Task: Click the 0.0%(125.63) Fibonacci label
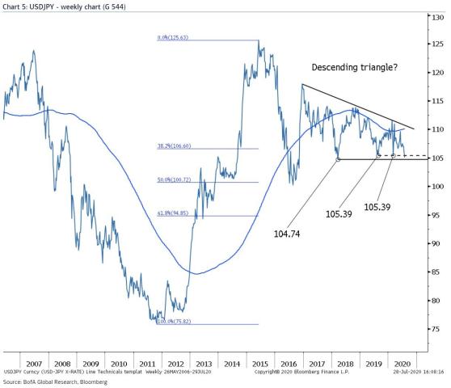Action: tap(171, 38)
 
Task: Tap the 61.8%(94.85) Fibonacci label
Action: tap(172, 214)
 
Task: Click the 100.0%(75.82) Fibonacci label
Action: tap(172, 322)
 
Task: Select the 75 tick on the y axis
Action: tap(436, 329)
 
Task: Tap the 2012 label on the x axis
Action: tap(178, 365)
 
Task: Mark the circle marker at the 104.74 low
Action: tap(338, 159)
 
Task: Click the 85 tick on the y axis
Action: tap(436, 272)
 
